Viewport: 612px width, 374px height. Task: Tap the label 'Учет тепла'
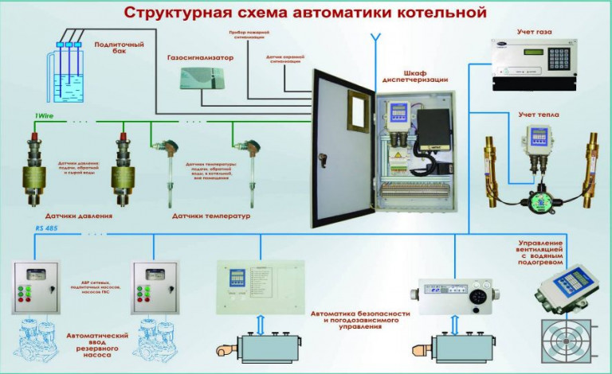pyautogui.click(x=538, y=115)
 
